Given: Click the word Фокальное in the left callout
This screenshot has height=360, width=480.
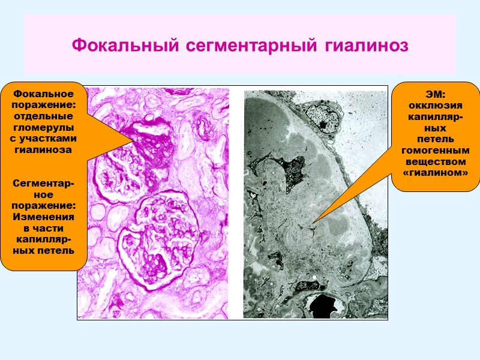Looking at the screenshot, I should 43,94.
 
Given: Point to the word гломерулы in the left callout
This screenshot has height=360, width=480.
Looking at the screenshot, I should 43,128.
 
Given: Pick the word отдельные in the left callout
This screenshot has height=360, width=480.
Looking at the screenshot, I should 43,116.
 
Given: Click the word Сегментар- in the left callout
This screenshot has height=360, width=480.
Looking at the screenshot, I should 43,183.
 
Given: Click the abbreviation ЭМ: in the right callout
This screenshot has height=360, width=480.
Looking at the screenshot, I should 436,94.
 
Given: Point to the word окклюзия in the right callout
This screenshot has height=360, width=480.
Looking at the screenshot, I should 436,106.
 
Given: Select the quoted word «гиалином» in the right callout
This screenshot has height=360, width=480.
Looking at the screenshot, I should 436,173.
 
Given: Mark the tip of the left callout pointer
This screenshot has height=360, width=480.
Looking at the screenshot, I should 134,140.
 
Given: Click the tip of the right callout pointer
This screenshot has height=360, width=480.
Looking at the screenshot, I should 313,223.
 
